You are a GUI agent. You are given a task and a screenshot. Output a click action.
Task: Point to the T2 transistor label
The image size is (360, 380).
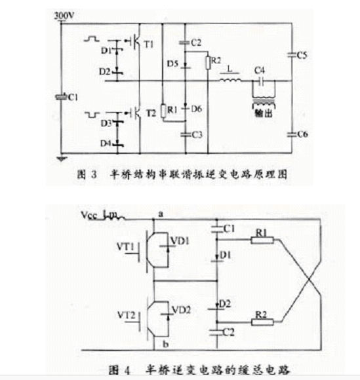point(150,112)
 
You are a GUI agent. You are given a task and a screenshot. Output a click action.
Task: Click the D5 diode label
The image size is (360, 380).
point(172,63)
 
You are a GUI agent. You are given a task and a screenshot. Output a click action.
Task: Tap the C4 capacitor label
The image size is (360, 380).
point(260,70)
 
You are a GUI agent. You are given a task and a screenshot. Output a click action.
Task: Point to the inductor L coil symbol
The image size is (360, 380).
point(230,81)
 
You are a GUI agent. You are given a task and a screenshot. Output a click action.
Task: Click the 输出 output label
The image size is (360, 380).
point(262,113)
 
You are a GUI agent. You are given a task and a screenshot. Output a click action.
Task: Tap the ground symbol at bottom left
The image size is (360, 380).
point(61,158)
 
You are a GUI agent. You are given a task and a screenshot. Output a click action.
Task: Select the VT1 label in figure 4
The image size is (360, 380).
point(125,248)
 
